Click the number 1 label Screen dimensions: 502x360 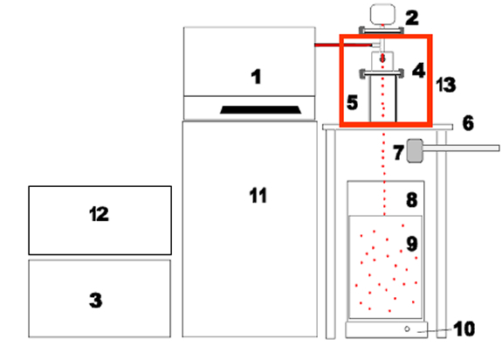(256, 77)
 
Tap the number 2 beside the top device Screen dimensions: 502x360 (412, 18)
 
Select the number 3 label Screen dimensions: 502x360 (96, 301)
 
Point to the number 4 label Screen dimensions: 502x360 (419, 71)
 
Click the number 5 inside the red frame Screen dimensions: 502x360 (352, 102)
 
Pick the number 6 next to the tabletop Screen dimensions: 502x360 (468, 123)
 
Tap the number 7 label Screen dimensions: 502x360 (398, 152)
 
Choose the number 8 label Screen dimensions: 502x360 (412, 200)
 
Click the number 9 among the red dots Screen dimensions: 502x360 (412, 244)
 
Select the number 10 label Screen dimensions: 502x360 (464, 329)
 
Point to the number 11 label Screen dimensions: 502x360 (258, 196)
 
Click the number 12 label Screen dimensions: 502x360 (99, 214)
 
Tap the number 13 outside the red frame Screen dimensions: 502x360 (446, 85)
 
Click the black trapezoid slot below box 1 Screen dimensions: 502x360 (260, 110)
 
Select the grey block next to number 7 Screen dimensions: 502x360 (415, 150)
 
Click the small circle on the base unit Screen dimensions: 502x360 (407, 329)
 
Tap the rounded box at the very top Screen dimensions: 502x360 (382, 14)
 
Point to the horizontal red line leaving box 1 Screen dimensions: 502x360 (343, 45)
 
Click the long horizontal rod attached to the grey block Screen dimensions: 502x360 (461, 148)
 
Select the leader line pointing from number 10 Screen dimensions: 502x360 (435, 331)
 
